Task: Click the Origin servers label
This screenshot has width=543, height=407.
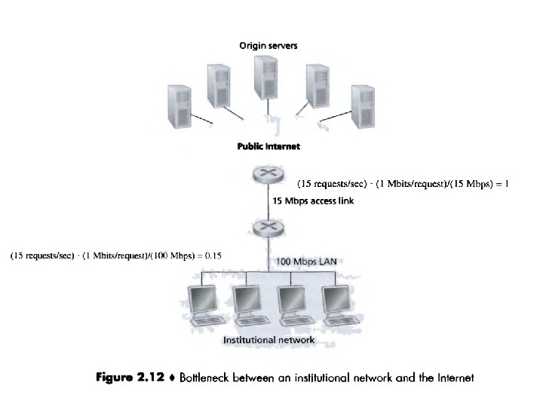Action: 268,46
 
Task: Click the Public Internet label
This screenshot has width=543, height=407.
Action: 268,146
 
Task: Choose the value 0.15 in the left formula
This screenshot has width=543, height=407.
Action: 214,256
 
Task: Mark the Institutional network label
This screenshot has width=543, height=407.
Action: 268,341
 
